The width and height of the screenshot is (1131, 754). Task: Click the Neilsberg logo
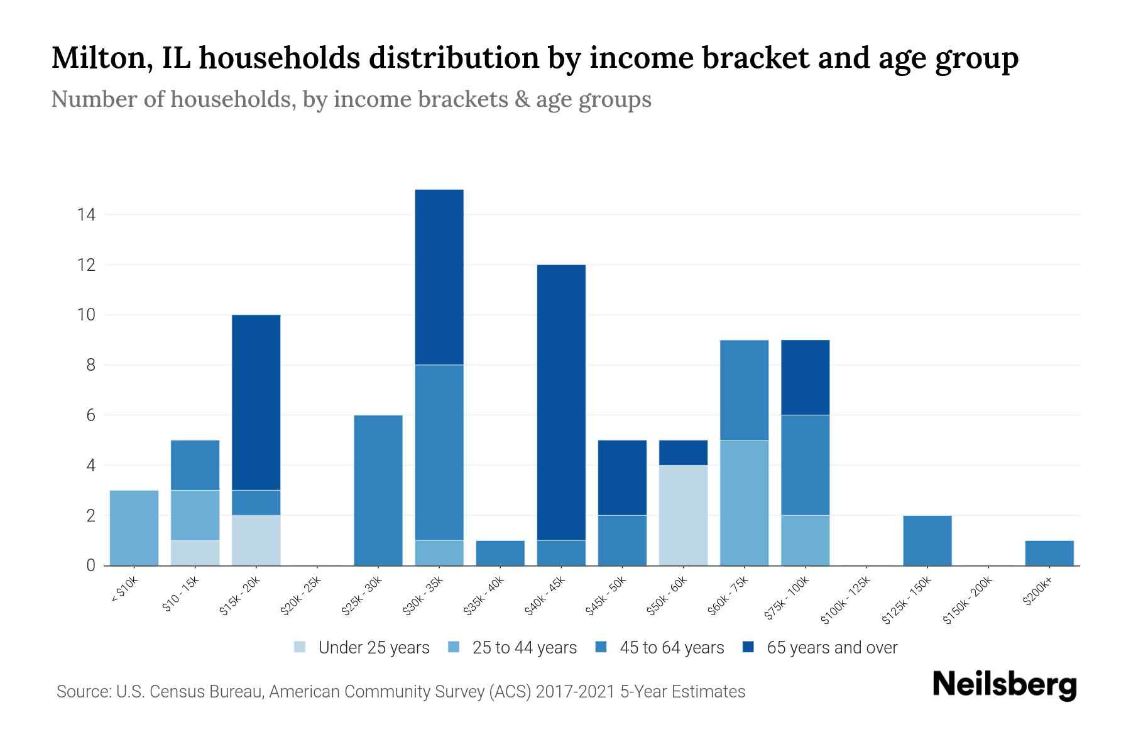click(x=1004, y=685)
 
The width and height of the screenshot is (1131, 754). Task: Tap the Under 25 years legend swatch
click(x=300, y=647)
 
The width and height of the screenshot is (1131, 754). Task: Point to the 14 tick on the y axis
click(x=86, y=215)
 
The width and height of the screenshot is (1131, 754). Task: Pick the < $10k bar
click(x=134, y=528)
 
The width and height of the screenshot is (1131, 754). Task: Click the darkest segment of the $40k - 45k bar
click(x=561, y=402)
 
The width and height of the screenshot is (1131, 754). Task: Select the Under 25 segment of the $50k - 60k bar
click(x=683, y=515)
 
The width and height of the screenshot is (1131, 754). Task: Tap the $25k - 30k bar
click(x=378, y=490)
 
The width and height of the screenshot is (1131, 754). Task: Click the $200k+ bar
click(x=1049, y=553)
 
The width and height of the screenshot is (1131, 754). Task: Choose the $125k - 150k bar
click(x=927, y=540)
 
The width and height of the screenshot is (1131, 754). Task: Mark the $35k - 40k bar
click(x=500, y=553)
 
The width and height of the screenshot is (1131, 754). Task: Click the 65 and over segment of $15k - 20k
click(x=256, y=402)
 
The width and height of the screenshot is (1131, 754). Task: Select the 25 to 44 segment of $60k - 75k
click(x=744, y=503)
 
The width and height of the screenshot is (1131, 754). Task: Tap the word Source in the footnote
click(x=82, y=692)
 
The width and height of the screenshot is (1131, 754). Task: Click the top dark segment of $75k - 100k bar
click(x=805, y=377)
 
